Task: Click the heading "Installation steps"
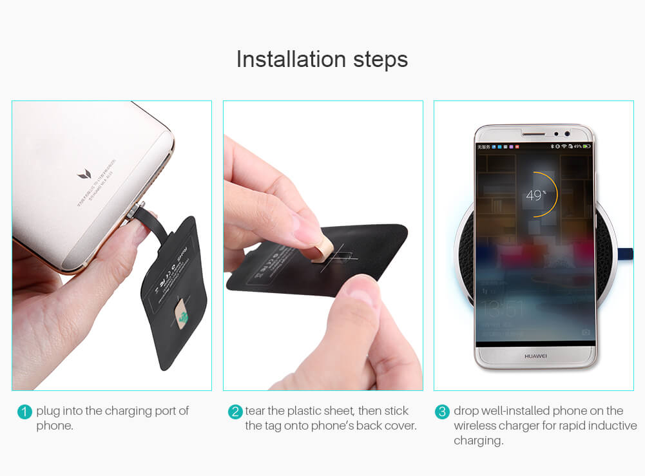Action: coord(322,59)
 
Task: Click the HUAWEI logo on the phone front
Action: coord(535,356)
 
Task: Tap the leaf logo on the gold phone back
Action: coord(84,174)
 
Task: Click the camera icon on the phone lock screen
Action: coord(586,332)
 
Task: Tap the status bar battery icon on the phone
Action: coord(586,147)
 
